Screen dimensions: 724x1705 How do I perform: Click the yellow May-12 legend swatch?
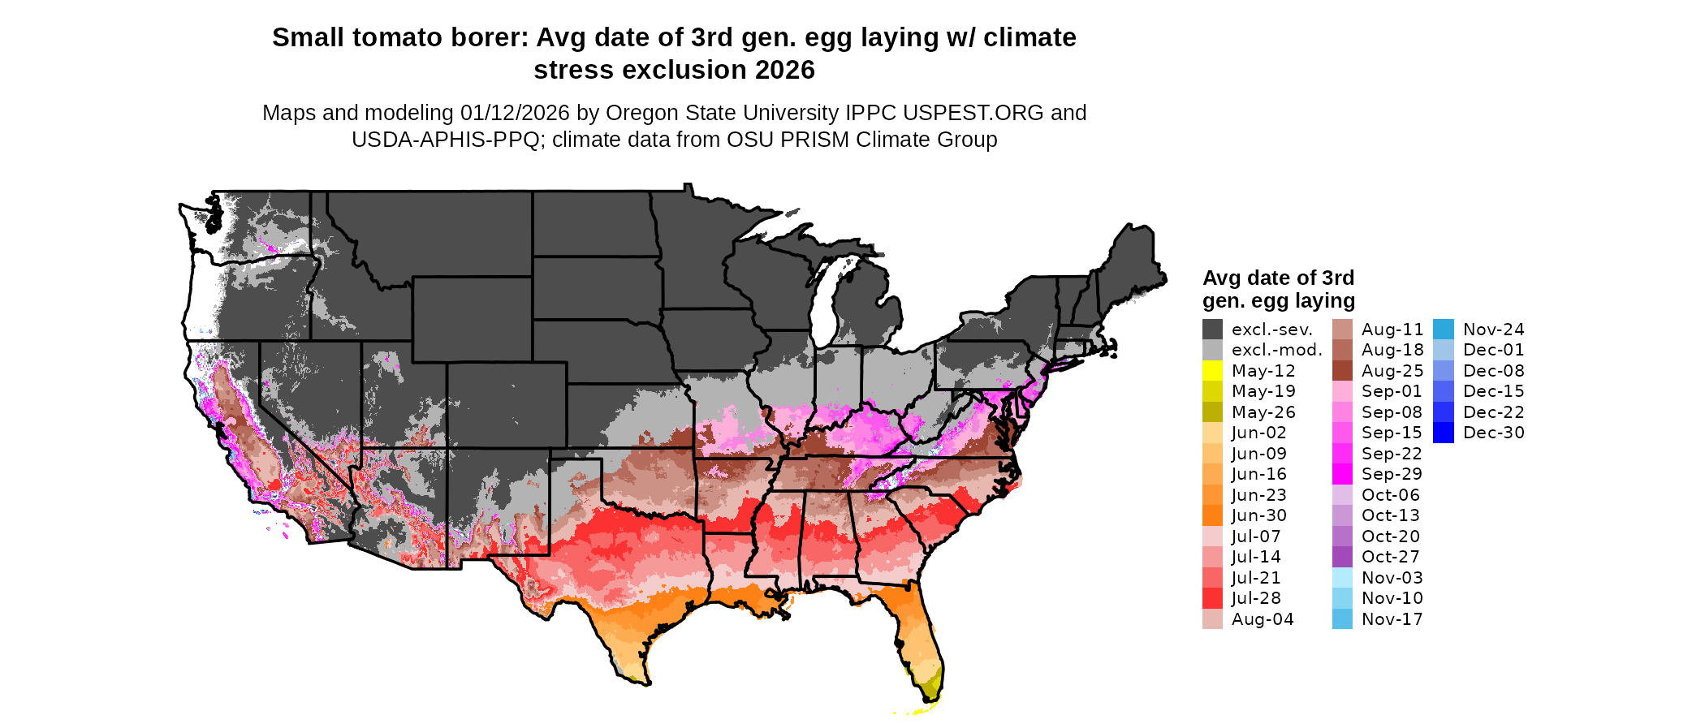click(x=1212, y=371)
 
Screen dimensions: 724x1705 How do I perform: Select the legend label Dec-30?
click(x=1493, y=433)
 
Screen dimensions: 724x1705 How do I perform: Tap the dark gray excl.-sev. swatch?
click(x=1212, y=330)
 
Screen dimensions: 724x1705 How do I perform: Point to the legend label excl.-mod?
click(x=1276, y=350)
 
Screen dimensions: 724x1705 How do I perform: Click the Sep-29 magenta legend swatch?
click(x=1342, y=474)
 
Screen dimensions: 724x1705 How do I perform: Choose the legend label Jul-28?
click(x=1256, y=598)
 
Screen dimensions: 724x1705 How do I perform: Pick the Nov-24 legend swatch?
click(x=1443, y=330)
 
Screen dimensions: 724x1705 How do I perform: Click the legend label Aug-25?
click(x=1392, y=371)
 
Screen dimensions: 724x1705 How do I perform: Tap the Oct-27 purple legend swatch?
click(x=1342, y=557)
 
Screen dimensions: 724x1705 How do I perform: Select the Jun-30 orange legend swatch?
click(x=1212, y=515)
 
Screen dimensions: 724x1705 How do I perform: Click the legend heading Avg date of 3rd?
click(x=1278, y=278)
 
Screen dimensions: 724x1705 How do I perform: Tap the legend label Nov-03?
click(x=1392, y=578)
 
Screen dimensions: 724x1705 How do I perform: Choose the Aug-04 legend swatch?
click(x=1212, y=619)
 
